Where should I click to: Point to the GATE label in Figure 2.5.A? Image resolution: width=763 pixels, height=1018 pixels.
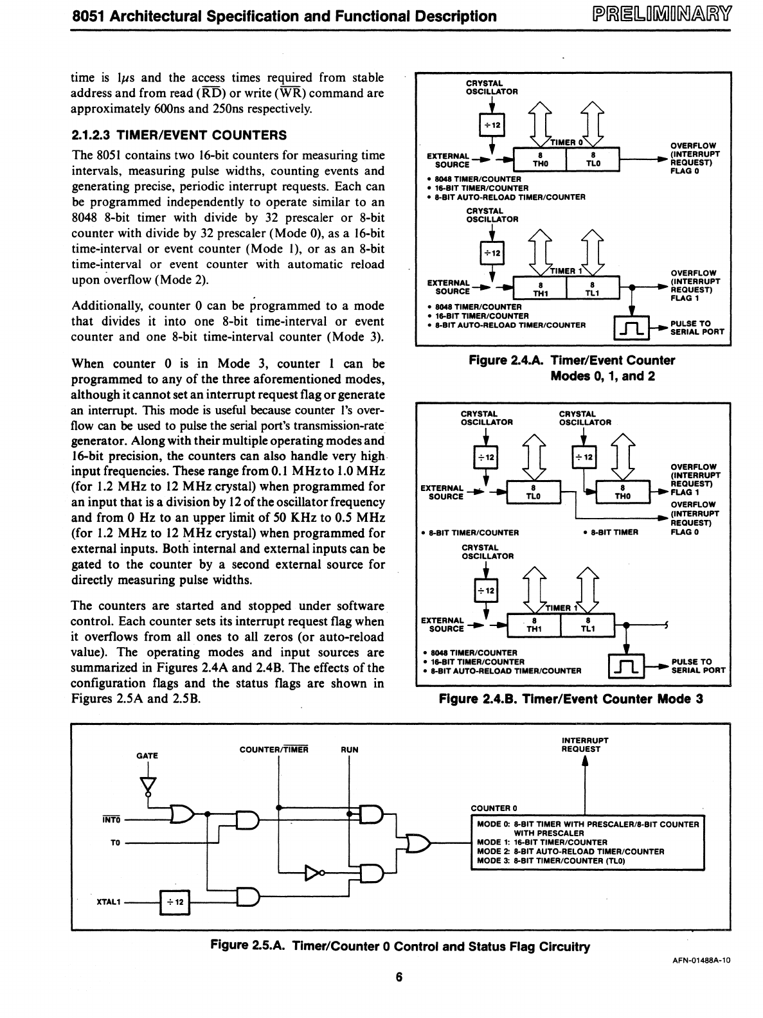[147, 756]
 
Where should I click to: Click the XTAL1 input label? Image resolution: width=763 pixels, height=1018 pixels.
[109, 902]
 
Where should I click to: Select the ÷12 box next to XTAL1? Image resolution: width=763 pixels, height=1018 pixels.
[175, 902]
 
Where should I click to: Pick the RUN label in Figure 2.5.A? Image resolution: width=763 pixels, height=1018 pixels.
[350, 749]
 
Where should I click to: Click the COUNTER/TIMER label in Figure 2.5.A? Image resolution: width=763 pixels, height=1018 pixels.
[274, 749]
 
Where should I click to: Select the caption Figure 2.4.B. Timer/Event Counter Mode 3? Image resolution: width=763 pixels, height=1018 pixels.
[571, 699]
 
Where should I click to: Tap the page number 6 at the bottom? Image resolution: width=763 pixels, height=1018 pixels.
[399, 978]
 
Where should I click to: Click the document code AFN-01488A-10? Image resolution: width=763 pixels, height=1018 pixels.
[700, 960]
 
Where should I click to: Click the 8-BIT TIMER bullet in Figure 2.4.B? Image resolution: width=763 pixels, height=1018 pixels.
[610, 532]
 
